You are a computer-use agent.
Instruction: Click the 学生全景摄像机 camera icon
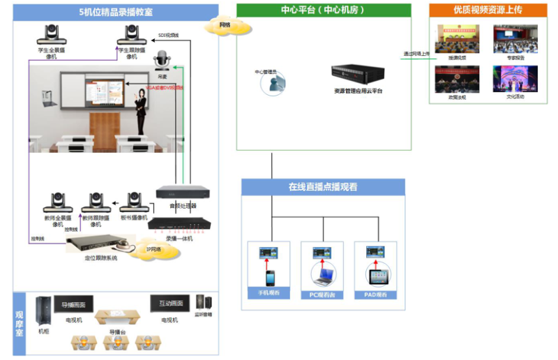52,33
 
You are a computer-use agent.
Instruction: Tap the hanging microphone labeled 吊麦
163,59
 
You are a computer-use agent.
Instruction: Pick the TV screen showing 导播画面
74,306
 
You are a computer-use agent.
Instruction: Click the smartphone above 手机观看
268,278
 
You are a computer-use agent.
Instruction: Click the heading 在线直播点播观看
323,187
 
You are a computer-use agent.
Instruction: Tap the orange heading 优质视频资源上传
488,10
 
